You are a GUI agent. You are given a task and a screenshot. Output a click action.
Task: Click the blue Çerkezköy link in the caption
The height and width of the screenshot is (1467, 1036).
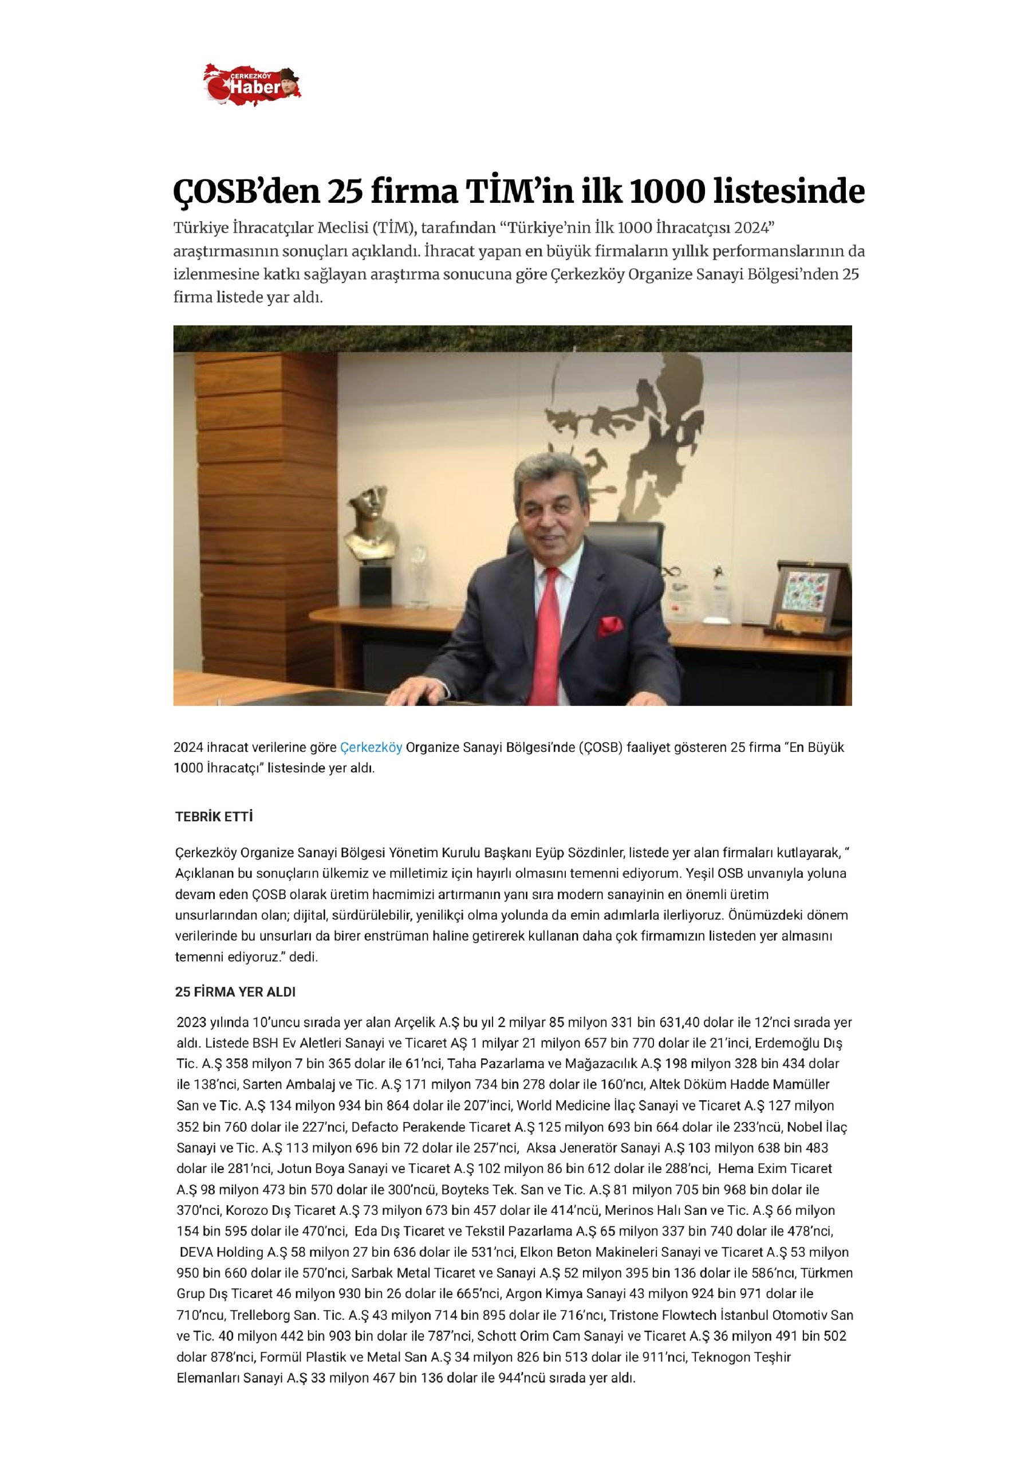371,748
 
